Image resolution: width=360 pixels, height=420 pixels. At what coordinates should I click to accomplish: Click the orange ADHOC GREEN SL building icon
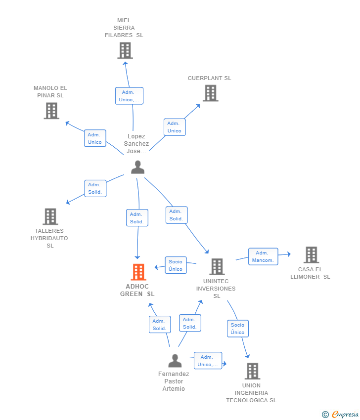138,272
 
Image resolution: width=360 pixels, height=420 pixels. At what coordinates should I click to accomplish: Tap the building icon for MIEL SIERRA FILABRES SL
125,50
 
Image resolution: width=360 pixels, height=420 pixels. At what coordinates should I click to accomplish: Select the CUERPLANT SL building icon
211,93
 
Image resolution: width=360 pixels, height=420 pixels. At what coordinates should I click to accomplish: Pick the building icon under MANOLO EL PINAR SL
51,111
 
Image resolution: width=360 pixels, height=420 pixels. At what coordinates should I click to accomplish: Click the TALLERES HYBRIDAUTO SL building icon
50,216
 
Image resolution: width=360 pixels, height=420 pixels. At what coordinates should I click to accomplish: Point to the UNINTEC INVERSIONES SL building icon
217,266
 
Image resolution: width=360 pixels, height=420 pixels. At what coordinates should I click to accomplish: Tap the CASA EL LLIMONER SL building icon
312,255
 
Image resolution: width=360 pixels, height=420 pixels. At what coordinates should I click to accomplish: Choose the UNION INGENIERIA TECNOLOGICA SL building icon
253,371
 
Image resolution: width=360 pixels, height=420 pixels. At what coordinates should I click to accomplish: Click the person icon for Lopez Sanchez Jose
138,167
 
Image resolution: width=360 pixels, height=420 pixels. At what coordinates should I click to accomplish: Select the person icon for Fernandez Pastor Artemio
175,361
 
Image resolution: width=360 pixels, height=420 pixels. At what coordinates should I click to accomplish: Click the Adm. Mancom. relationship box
263,256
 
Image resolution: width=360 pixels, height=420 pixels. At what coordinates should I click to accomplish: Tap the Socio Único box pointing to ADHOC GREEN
176,265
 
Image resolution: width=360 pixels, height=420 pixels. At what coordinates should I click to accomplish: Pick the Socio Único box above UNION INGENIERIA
238,329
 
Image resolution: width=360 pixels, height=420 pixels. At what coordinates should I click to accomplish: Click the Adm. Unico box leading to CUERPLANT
175,127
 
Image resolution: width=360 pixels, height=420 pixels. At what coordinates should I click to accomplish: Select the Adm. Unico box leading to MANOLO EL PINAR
95,138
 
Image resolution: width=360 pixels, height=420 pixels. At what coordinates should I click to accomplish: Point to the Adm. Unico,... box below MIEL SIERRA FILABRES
129,96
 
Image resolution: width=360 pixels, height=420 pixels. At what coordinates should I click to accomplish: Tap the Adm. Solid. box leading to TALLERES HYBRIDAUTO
95,188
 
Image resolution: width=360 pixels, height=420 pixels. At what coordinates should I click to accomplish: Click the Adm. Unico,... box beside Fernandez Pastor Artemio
208,361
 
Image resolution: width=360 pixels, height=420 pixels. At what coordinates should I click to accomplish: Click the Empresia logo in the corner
340,415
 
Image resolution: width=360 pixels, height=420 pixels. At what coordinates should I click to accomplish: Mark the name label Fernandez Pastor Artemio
174,381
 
